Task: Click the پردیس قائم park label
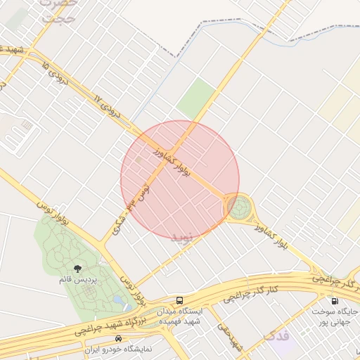click(77, 280)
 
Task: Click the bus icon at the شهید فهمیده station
click(181, 300)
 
